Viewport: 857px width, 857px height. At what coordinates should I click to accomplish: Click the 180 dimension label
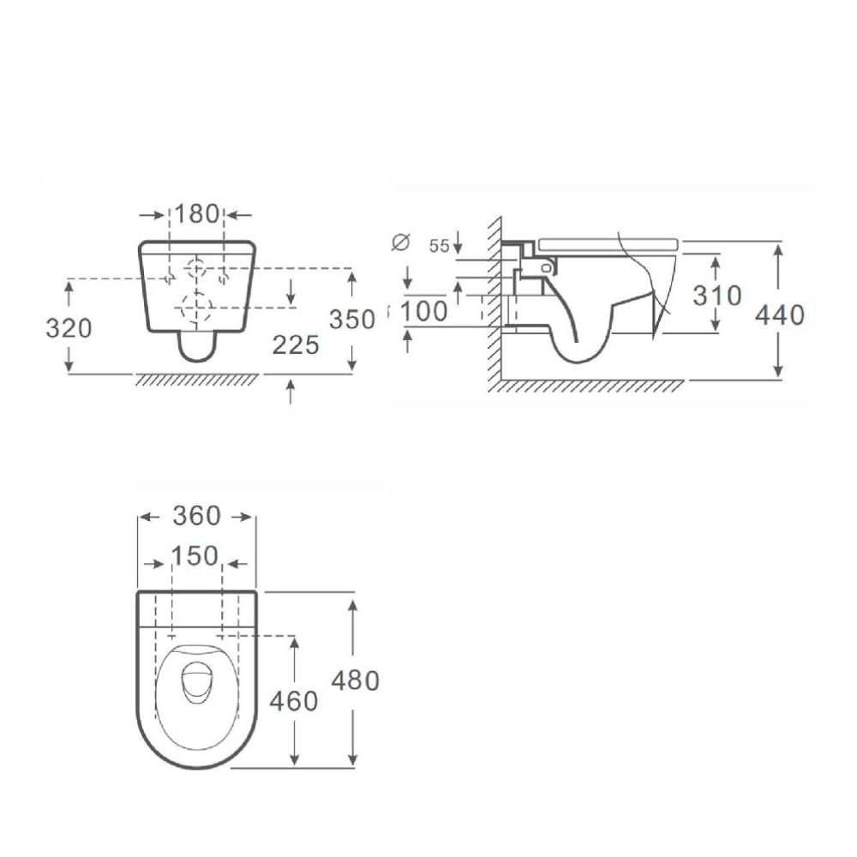click(197, 214)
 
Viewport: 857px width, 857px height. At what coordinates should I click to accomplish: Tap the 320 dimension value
click(69, 328)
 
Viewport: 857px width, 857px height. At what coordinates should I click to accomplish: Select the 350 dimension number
click(352, 320)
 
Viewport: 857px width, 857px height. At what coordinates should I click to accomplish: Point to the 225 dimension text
click(296, 345)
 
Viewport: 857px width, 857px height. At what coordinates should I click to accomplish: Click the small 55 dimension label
click(439, 246)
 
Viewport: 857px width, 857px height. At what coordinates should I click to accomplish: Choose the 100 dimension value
click(424, 312)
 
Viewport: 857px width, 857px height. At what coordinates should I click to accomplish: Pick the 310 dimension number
click(717, 296)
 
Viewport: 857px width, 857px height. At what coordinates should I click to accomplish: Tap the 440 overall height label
click(780, 315)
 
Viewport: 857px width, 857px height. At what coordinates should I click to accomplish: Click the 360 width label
click(197, 515)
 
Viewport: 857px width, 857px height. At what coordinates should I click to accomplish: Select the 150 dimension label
click(195, 556)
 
